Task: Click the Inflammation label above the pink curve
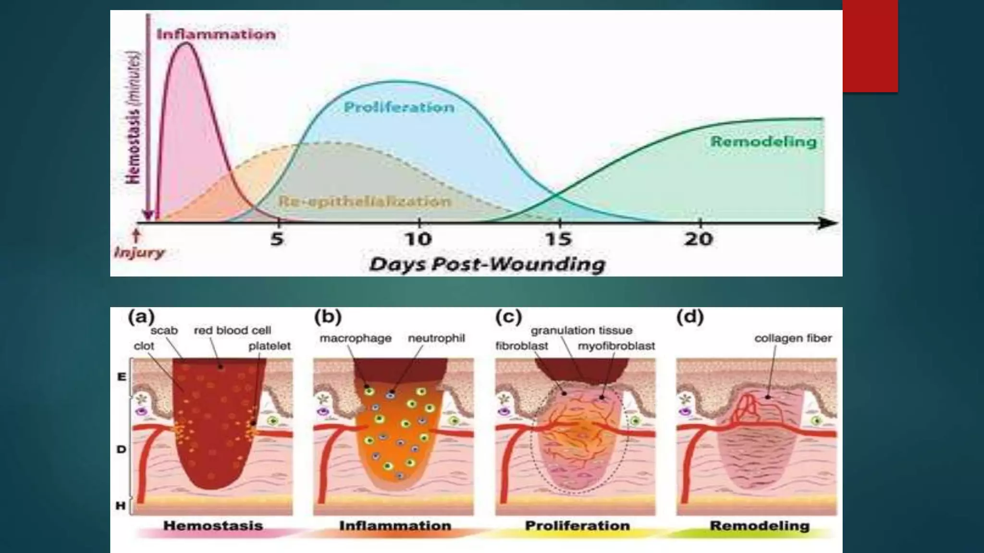pos(216,34)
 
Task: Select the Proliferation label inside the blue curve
pos(399,107)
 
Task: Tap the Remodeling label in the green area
pos(763,142)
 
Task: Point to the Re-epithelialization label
pos(365,201)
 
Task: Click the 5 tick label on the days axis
pos(277,239)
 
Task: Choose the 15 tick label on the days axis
pos(558,239)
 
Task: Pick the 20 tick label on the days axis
pos(699,239)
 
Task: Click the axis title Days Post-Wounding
pos(487,264)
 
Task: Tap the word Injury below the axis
pos(139,252)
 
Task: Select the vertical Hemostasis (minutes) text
pos(134,118)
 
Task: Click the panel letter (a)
pos(141,317)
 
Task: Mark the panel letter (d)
pos(690,317)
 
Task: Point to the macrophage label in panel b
pos(356,338)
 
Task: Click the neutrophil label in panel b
pos(436,338)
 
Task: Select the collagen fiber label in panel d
pos(793,338)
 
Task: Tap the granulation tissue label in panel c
pos(581,330)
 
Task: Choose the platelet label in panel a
pos(269,346)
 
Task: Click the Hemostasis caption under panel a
pos(213,526)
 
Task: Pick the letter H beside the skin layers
pos(121,505)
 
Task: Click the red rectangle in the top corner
pos(870,46)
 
